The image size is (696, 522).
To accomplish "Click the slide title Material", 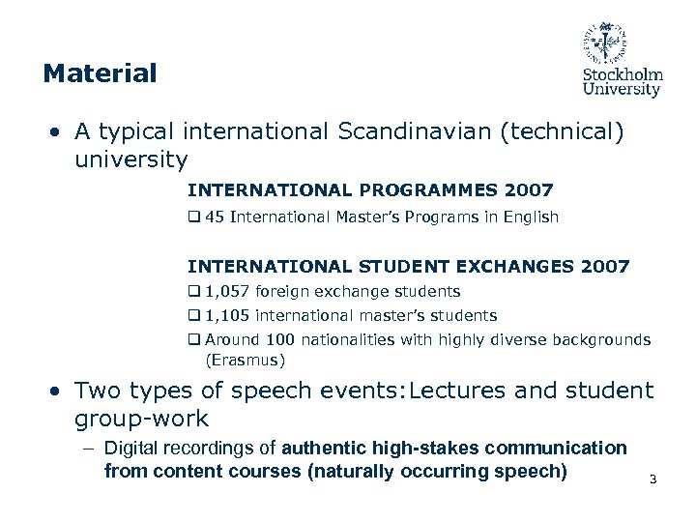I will (x=100, y=72).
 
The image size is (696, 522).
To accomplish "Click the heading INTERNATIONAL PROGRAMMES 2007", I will (x=370, y=190).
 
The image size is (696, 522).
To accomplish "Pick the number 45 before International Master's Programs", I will (x=215, y=217).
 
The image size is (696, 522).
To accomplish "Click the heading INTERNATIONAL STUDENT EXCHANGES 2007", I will (x=408, y=266).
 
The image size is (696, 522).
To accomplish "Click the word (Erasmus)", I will (x=245, y=361).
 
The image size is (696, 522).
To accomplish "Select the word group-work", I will (x=141, y=418).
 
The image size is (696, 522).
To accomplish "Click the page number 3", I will (x=653, y=479).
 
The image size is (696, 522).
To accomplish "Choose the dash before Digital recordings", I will (x=88, y=448).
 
